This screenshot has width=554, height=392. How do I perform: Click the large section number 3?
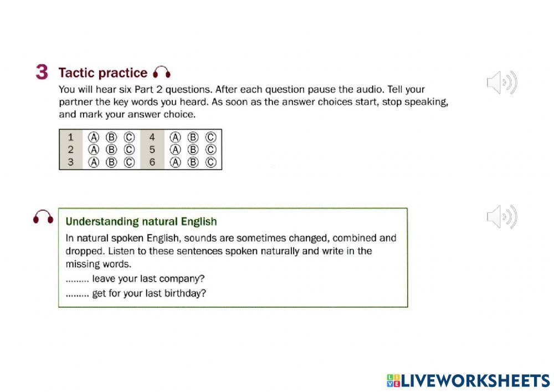[42, 73]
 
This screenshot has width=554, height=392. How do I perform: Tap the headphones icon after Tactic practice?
[162, 73]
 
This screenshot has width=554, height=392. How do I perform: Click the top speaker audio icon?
[501, 83]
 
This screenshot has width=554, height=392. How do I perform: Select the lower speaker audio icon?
[501, 216]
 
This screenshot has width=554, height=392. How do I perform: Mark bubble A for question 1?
[94, 137]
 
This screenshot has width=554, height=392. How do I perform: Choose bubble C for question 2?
[129, 150]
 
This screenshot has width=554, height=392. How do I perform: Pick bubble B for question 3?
[111, 162]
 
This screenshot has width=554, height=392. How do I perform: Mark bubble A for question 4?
[175, 137]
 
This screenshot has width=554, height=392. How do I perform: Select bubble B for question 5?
[193, 150]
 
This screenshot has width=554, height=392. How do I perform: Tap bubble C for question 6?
[211, 162]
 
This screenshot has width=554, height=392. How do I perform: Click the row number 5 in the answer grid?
[152, 150]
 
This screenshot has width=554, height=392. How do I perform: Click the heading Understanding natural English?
[141, 222]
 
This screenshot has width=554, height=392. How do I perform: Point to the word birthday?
[187, 293]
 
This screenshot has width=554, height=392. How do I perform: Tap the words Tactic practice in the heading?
[103, 73]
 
